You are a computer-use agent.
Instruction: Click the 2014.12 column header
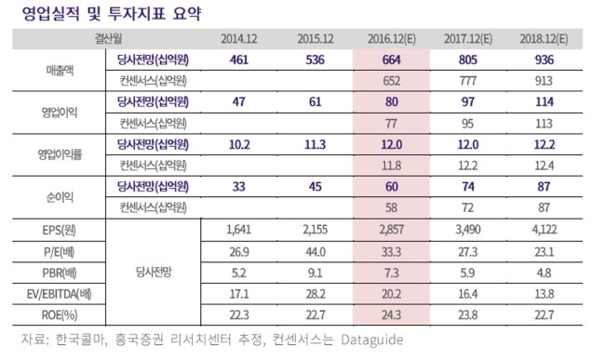[239, 39]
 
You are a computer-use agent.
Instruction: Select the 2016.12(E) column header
[391, 39]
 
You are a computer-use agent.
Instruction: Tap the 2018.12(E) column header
[544, 39]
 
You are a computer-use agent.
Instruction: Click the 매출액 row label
[60, 71]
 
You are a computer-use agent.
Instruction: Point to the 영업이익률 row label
[60, 154]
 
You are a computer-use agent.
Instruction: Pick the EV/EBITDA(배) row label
[60, 294]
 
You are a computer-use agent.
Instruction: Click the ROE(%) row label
[60, 315]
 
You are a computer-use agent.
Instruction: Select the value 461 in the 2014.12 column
[239, 60]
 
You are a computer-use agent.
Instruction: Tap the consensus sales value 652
[391, 81]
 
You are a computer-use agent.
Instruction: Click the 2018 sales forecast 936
[544, 60]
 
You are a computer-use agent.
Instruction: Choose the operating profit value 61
[316, 101]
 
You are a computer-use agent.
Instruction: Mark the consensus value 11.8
[391, 166]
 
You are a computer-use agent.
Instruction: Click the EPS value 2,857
[391, 230]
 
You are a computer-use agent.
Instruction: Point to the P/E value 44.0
[316, 252]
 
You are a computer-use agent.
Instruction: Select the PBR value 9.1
[316, 273]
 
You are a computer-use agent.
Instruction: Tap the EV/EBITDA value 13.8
[544, 294]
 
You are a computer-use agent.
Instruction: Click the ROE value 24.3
[391, 315]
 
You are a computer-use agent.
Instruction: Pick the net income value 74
[467, 187]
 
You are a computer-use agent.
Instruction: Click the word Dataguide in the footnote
[372, 340]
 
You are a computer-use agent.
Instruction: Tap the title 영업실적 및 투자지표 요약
[112, 14]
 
